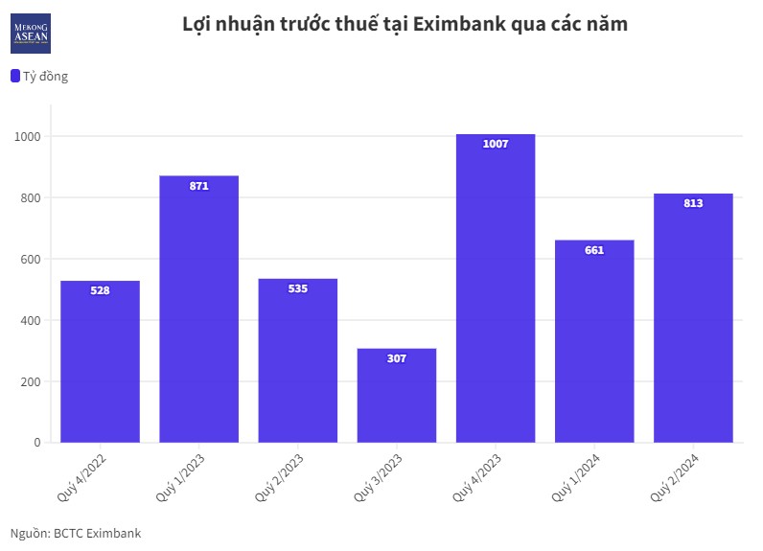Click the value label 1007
[496, 144]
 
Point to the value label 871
[198, 186]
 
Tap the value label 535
[297, 288]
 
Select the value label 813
[693, 203]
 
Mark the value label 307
[397, 358]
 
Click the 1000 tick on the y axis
[27, 136]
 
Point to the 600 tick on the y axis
[31, 259]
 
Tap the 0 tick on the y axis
[37, 443]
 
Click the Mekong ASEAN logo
[31, 33]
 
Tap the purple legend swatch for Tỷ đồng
[15, 76]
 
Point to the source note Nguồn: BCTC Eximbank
[76, 533]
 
